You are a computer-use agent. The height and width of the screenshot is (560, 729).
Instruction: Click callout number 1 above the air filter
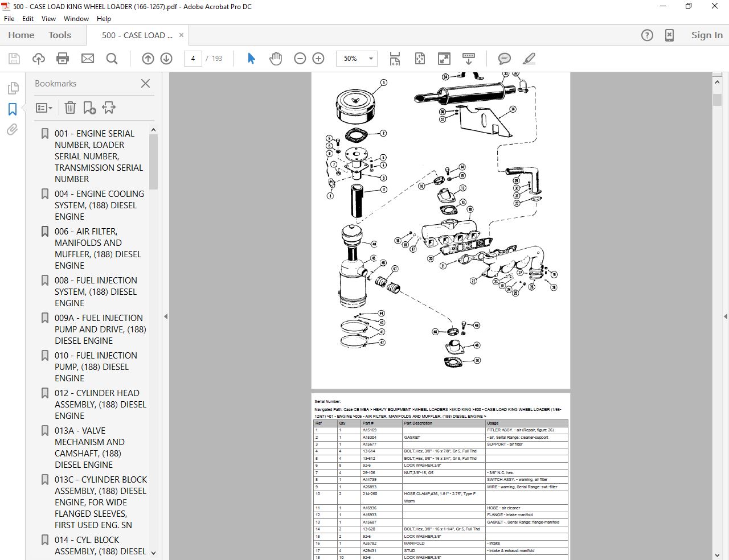point(383,83)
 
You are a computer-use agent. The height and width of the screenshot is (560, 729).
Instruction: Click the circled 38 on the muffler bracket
point(513,109)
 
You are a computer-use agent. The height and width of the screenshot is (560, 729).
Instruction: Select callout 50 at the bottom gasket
point(477,360)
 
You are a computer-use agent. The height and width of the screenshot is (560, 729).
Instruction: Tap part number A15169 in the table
point(370,430)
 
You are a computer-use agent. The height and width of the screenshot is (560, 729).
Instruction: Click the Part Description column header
point(418,423)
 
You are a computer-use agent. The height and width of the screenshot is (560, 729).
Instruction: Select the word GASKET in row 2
point(412,438)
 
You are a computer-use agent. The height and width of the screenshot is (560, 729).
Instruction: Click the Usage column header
point(493,423)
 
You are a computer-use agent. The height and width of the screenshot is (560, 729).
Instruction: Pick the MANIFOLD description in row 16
point(414,543)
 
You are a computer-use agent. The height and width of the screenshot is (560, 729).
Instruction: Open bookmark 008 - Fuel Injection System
point(96,291)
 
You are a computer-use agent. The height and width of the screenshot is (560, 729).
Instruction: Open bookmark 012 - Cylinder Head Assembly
point(100,404)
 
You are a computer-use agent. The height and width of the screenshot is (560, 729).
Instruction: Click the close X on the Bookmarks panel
point(146,84)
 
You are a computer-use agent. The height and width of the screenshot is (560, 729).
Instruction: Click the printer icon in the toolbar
point(63,59)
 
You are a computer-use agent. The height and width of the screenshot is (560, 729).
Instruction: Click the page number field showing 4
point(193,59)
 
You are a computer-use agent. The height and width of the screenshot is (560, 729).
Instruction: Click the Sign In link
point(706,35)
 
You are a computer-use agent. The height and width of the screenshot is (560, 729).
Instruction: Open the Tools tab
point(60,35)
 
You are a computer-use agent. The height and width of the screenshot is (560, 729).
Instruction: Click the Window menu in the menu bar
point(76,19)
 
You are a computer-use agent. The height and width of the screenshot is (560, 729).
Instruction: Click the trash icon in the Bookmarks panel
point(70,108)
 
